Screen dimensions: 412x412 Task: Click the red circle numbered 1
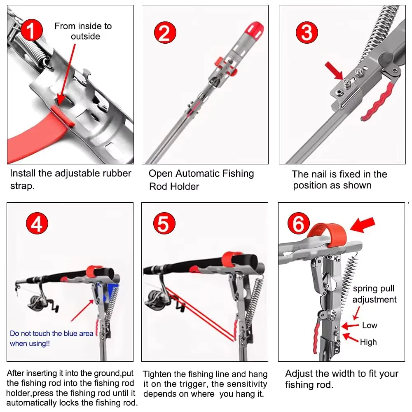click(32, 30)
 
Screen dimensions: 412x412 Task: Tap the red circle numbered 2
click(165, 33)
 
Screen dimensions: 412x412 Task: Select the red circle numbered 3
click(307, 33)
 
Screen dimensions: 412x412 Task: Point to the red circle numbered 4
click(37, 223)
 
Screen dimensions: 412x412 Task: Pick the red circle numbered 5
click(164, 223)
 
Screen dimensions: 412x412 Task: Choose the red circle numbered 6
click(298, 223)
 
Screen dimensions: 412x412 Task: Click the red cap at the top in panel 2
click(254, 29)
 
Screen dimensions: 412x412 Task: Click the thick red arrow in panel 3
click(334, 70)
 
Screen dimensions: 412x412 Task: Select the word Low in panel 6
click(370, 325)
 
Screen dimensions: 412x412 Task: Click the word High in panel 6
click(368, 342)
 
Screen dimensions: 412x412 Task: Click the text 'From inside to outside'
click(83, 31)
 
